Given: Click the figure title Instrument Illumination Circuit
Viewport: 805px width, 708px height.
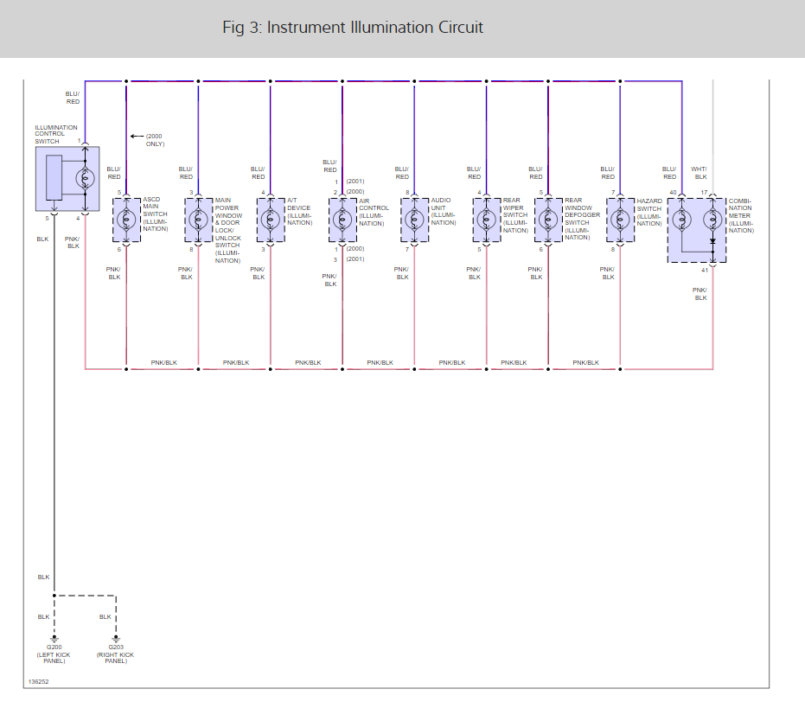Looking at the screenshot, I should point(353,28).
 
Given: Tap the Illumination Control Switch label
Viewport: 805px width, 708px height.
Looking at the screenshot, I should point(56,134).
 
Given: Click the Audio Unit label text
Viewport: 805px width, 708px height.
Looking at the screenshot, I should point(443,212).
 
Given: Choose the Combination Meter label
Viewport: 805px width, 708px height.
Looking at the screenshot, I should point(741,215).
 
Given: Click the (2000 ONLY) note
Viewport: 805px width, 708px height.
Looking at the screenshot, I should point(155,140).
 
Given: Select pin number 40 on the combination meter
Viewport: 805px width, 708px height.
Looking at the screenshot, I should point(673,192).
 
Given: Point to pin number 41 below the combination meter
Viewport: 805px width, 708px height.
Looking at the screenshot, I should point(705,270).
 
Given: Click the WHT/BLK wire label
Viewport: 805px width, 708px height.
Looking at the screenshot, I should point(700,173).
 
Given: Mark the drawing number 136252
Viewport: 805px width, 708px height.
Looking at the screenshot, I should point(38,681).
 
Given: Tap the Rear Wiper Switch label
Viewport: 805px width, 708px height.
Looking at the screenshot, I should point(514,215).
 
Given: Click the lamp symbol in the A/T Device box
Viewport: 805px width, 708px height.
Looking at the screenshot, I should point(271,220).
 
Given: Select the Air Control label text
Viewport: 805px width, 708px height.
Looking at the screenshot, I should point(374,212).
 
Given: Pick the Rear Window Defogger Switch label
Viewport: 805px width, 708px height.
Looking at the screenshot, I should point(581,219).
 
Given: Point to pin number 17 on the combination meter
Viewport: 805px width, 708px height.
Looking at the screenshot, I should point(704,192).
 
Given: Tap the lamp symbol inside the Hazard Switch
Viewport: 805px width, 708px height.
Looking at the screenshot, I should point(619,220).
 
